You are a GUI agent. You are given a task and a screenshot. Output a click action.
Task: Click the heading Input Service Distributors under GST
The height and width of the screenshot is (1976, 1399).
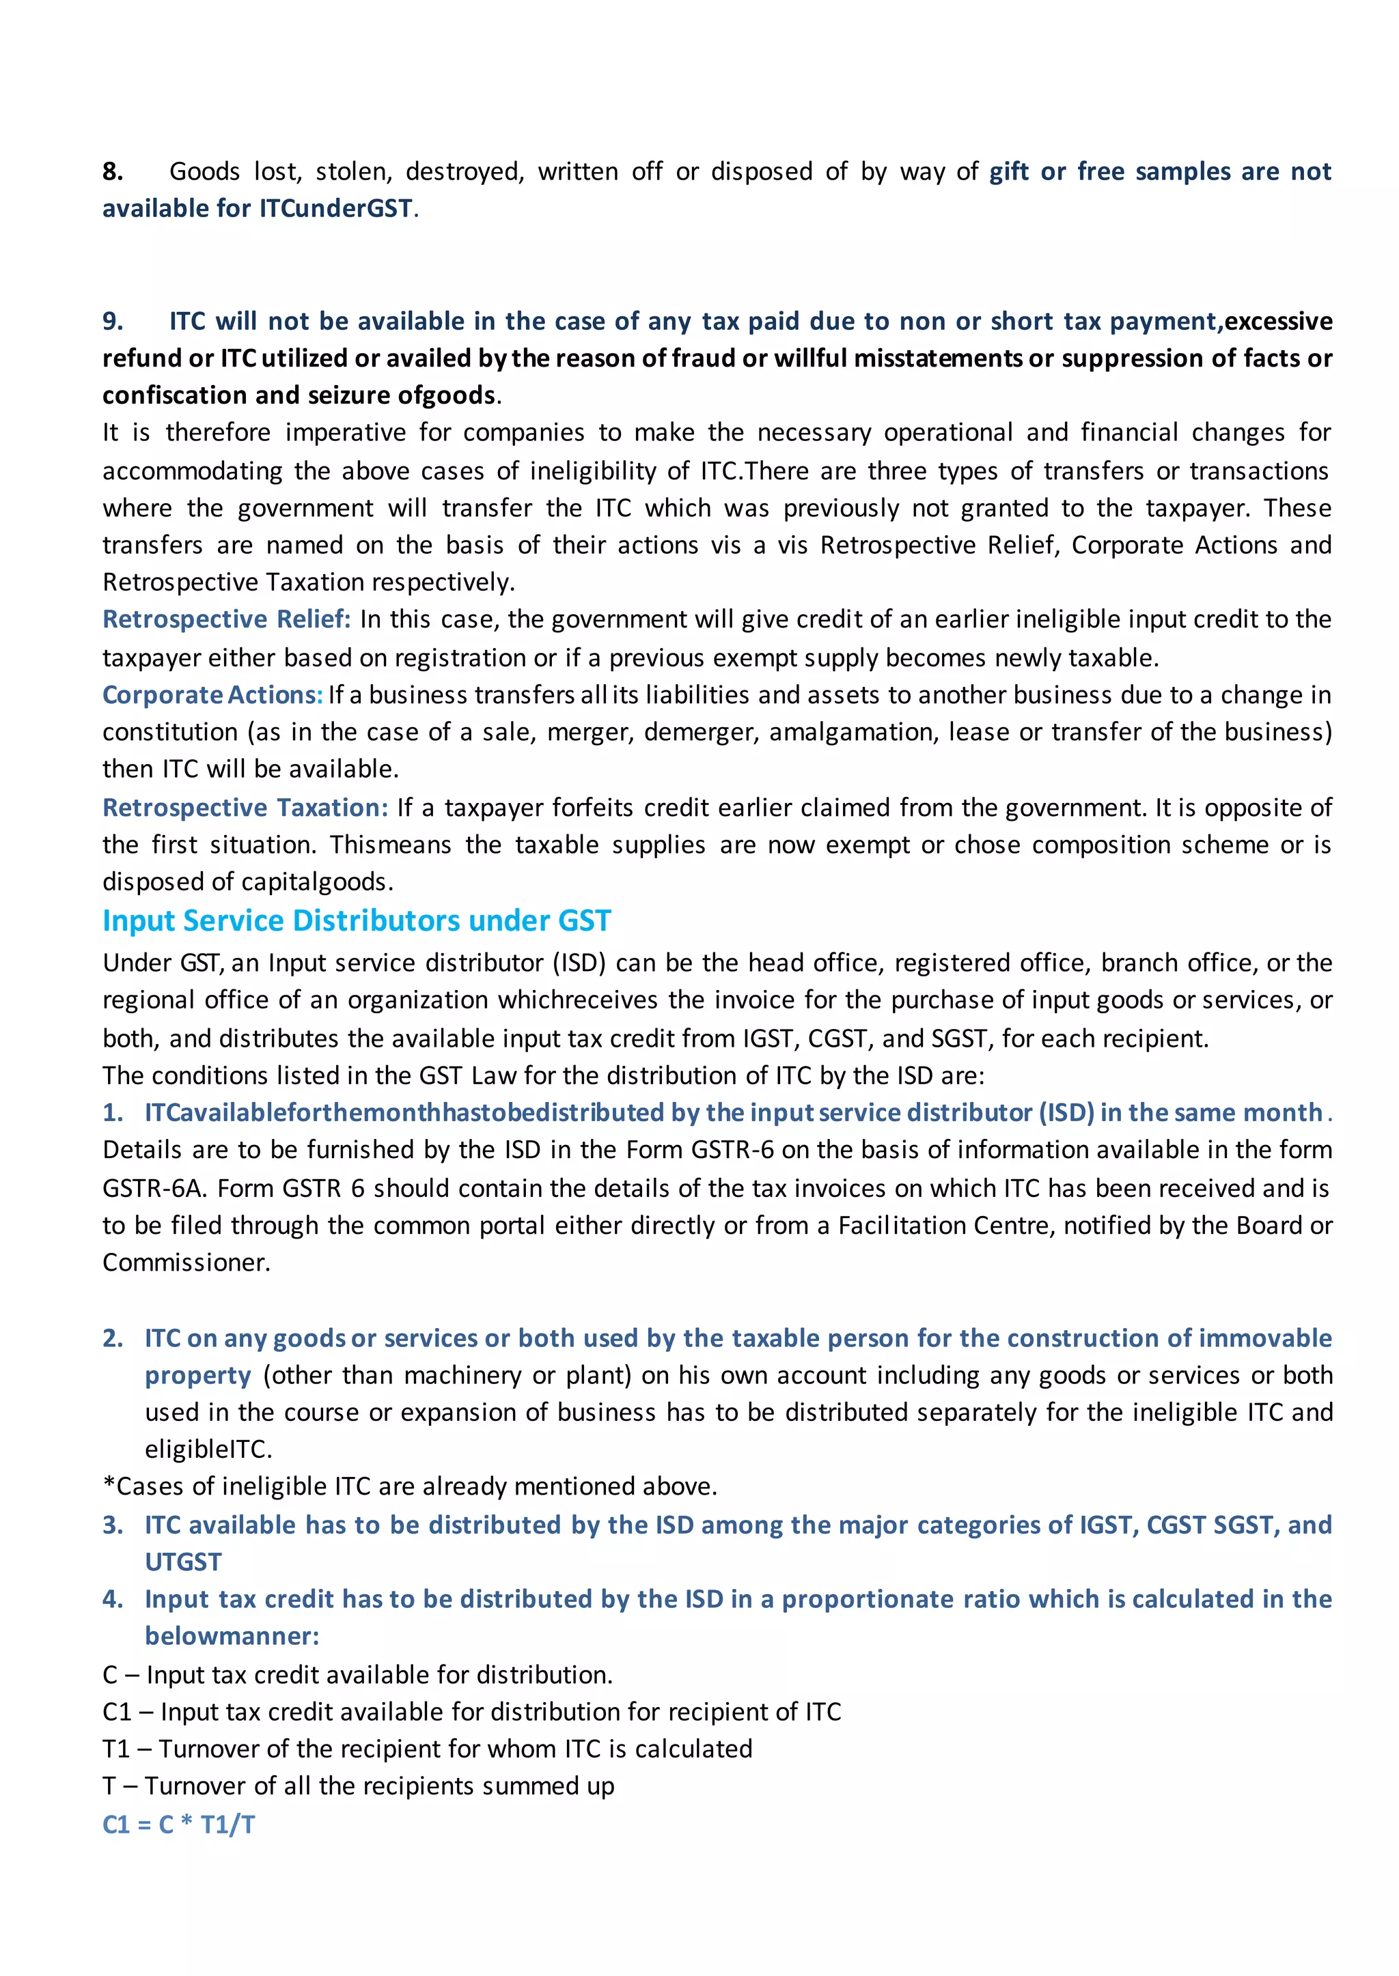click(357, 920)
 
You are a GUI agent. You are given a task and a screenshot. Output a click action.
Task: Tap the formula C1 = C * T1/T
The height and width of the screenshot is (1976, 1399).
click(178, 1824)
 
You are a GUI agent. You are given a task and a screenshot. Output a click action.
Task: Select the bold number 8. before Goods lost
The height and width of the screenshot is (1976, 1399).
click(112, 171)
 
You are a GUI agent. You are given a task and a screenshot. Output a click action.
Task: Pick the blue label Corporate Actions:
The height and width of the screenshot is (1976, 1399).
click(212, 695)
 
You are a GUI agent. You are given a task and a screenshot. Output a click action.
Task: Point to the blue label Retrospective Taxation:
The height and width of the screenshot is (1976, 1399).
click(245, 808)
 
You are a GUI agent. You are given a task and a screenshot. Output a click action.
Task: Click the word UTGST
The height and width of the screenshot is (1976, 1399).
click(182, 1562)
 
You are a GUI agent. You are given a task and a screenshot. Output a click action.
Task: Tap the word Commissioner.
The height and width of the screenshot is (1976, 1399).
click(185, 1262)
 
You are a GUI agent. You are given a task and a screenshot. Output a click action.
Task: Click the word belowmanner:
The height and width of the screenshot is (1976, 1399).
click(232, 1636)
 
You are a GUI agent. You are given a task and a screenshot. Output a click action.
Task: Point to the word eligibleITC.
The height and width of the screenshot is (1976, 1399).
click(207, 1449)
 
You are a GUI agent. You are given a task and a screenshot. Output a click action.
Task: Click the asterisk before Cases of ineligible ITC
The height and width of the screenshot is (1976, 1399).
click(109, 1485)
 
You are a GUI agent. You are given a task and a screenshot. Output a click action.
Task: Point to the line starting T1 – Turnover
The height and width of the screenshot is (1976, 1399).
click(427, 1749)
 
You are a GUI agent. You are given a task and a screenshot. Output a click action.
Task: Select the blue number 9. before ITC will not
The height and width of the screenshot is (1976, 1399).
click(112, 321)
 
